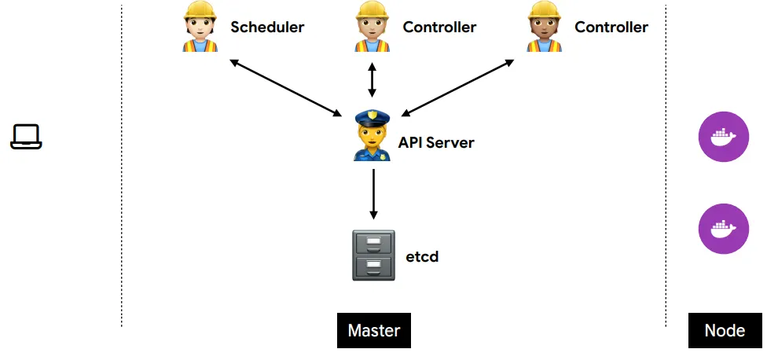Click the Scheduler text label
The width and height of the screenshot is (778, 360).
click(267, 27)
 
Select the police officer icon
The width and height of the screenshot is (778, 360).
click(372, 135)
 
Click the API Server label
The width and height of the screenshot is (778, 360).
click(436, 142)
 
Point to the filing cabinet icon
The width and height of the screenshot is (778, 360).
click(373, 255)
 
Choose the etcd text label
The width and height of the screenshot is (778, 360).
click(422, 255)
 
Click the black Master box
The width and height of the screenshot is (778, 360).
click(374, 330)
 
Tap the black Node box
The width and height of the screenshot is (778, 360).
click(725, 330)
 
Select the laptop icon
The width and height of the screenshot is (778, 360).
click(26, 136)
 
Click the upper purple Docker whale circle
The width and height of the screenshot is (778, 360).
click(724, 138)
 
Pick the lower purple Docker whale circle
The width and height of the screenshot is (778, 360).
click(724, 229)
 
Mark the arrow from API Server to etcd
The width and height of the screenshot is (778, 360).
click(373, 192)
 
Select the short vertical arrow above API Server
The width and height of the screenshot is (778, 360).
click(372, 81)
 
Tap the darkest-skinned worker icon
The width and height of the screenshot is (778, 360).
click(545, 28)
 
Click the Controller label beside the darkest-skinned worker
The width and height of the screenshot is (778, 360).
click(611, 27)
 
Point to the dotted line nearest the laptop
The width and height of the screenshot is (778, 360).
click(122, 165)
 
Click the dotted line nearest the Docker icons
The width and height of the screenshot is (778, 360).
click(666, 165)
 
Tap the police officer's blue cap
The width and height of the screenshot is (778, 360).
click(372, 119)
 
